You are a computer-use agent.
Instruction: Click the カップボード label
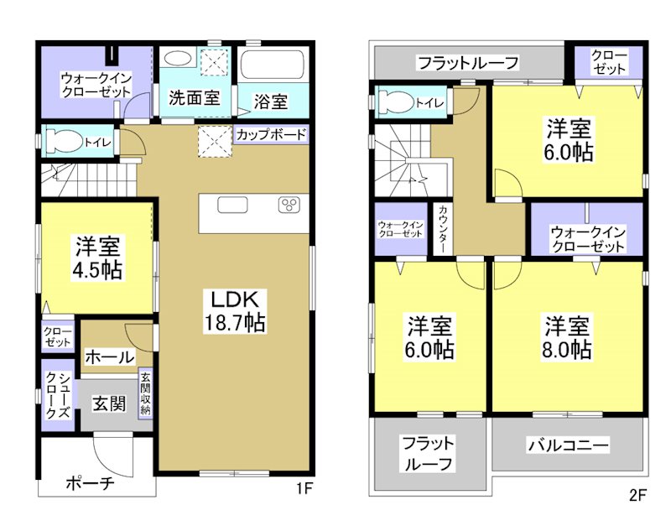(270, 134)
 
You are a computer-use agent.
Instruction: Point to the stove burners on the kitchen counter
(290, 205)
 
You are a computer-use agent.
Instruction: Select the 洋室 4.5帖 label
(97, 258)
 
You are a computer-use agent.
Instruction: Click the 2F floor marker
(637, 495)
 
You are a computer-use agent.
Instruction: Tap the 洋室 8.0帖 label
(568, 336)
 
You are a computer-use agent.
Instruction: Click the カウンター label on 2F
(443, 228)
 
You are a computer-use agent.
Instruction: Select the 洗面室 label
(194, 96)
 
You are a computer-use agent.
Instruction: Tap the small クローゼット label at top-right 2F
(608, 62)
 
